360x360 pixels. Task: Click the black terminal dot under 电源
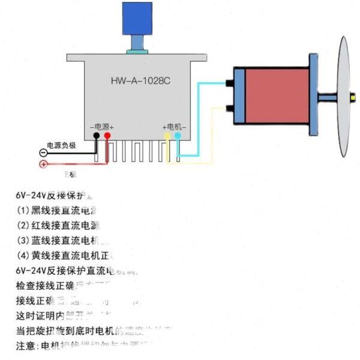point(97,136)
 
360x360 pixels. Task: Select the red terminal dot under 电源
point(107,136)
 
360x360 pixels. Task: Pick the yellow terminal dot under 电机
point(168,136)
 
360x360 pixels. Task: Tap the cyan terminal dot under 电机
point(177,136)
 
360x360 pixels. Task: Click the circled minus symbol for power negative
point(43,153)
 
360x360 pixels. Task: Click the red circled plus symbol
point(43,164)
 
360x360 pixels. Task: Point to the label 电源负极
point(62,145)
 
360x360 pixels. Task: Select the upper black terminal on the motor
point(230,82)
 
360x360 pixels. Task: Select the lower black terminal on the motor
point(230,109)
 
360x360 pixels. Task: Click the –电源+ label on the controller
point(101,127)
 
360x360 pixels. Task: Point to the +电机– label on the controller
point(174,127)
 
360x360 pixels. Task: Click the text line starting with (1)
point(57,211)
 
